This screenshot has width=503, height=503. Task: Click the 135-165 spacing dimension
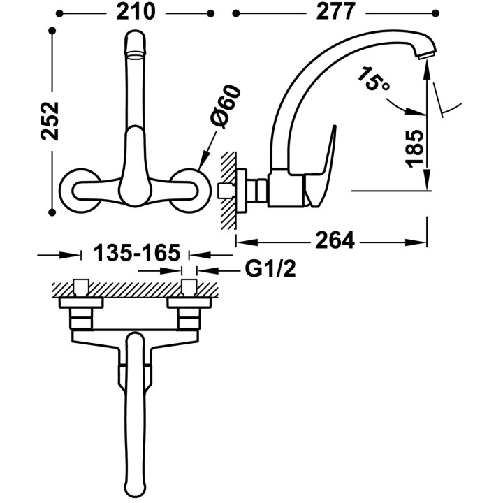point(137,252)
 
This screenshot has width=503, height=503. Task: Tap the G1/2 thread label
point(270,269)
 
